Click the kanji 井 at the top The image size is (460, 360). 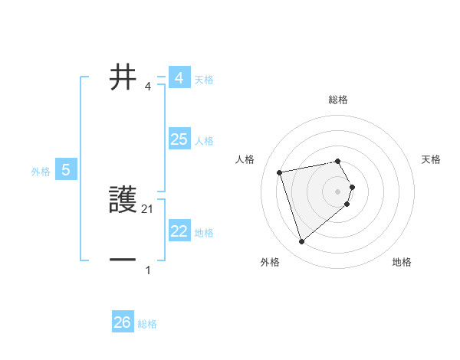coord(123,77)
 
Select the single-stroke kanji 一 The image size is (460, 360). coord(123,260)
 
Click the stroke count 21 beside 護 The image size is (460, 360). coord(148,208)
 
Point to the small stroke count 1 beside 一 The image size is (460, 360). coord(148,270)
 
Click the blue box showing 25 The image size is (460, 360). coord(179,139)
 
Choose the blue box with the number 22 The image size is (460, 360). coord(179,231)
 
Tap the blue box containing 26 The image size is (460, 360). coord(122,322)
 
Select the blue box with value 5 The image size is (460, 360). coord(66,170)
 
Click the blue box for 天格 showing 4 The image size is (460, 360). coord(179,78)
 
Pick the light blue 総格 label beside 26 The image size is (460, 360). coord(147,324)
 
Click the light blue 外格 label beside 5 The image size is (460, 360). coord(41,172)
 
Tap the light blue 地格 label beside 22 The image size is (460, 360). coord(204,232)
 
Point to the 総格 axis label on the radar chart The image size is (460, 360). coord(338,100)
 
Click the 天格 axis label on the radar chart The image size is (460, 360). coord(431,159)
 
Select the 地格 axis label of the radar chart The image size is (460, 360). coord(402,262)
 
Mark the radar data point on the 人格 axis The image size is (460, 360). coord(280,172)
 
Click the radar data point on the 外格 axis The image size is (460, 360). coord(302,242)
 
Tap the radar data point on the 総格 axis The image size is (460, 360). coord(337,161)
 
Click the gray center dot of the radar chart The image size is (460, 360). coord(338,191)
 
